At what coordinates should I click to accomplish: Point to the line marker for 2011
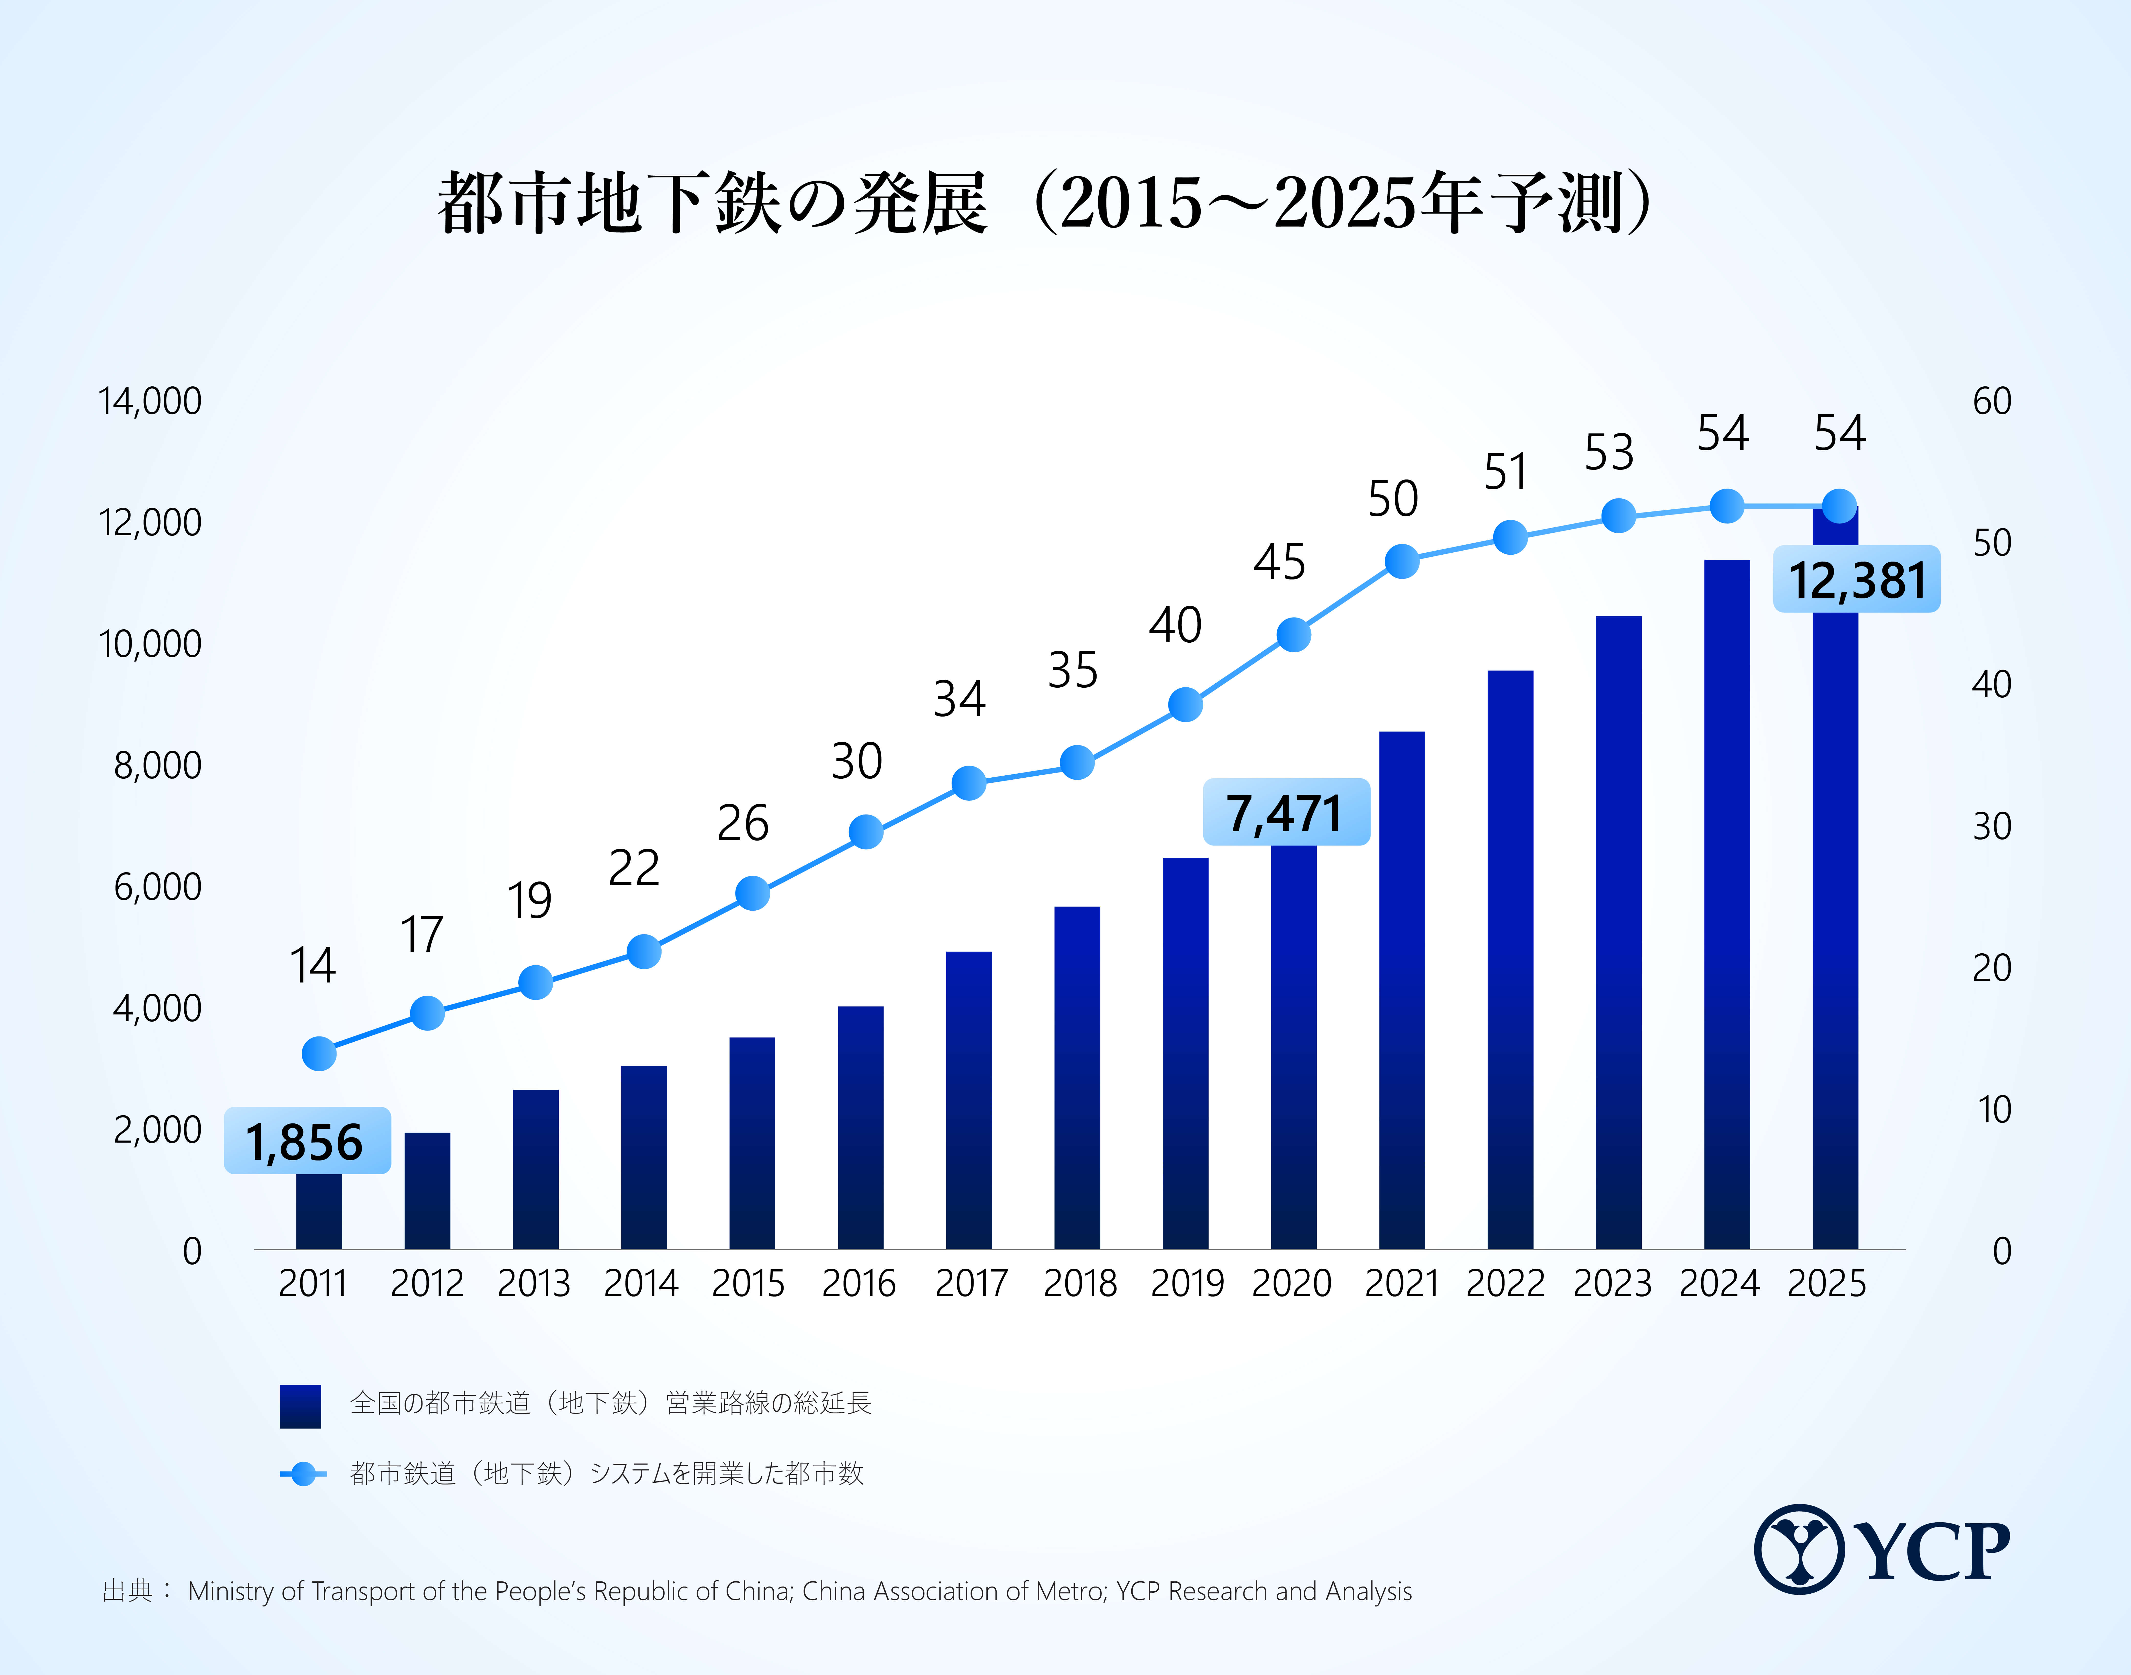click(319, 1053)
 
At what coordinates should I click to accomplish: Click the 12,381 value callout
click(1856, 579)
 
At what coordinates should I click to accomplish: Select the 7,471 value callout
click(1286, 812)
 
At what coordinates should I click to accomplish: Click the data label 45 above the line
click(1279, 562)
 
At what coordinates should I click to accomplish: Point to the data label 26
click(742, 823)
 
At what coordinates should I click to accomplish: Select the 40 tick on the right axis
click(1992, 685)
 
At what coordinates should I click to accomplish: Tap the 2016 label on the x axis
click(859, 1284)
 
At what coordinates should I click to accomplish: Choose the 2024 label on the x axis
click(1719, 1284)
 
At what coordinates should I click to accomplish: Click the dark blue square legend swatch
click(300, 1405)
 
